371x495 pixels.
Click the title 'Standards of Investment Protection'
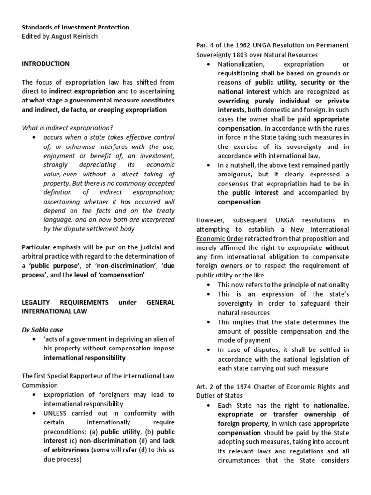pyautogui.click(x=75, y=27)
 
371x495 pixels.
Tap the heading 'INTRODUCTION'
pyautogui.click(x=46, y=63)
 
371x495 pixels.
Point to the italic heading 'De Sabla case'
pyautogui.click(x=43, y=330)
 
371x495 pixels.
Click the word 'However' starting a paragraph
pyautogui.click(x=212, y=220)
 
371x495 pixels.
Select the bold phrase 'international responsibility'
pyautogui.click(x=85, y=358)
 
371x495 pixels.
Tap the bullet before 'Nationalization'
pyautogui.click(x=208, y=64)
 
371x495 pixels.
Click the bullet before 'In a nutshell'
pyautogui.click(x=208, y=165)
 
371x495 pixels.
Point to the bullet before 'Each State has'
pyautogui.click(x=208, y=405)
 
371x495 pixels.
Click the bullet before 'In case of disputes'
pyautogui.click(x=208, y=349)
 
